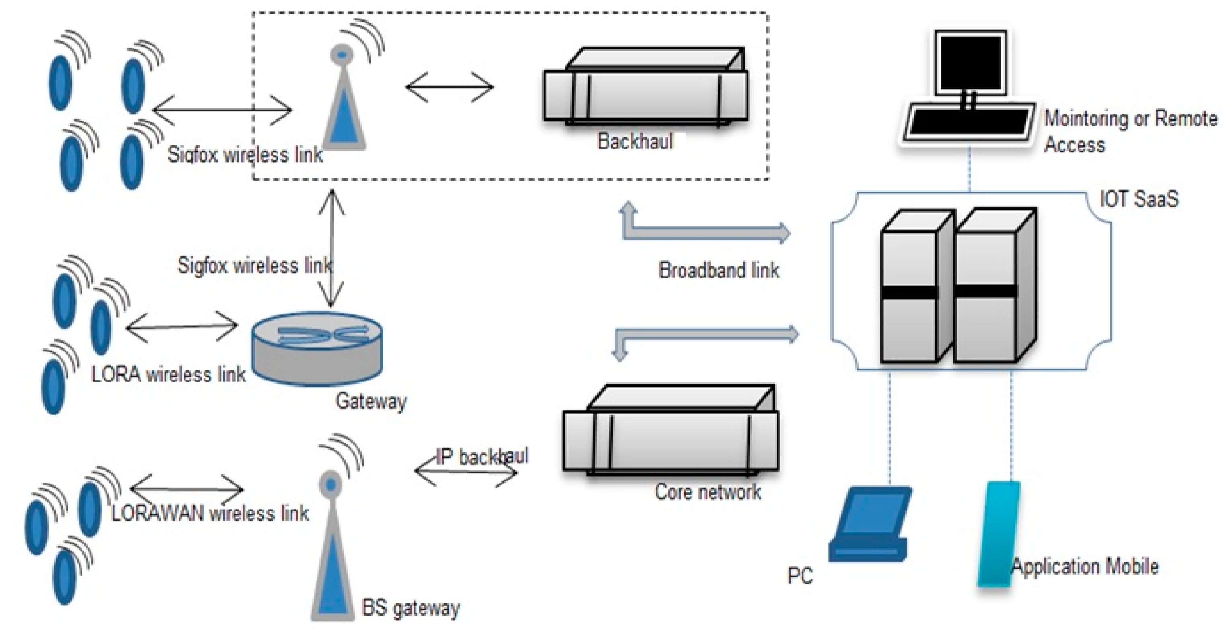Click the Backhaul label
635,141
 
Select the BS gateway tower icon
332,546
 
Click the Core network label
707,491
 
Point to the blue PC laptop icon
869,524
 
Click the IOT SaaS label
1139,199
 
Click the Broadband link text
719,270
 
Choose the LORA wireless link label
169,375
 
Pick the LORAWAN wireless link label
210,513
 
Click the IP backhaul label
482,456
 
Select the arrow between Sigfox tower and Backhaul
450,87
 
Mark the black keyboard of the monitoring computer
968,123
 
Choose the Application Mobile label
1085,566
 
